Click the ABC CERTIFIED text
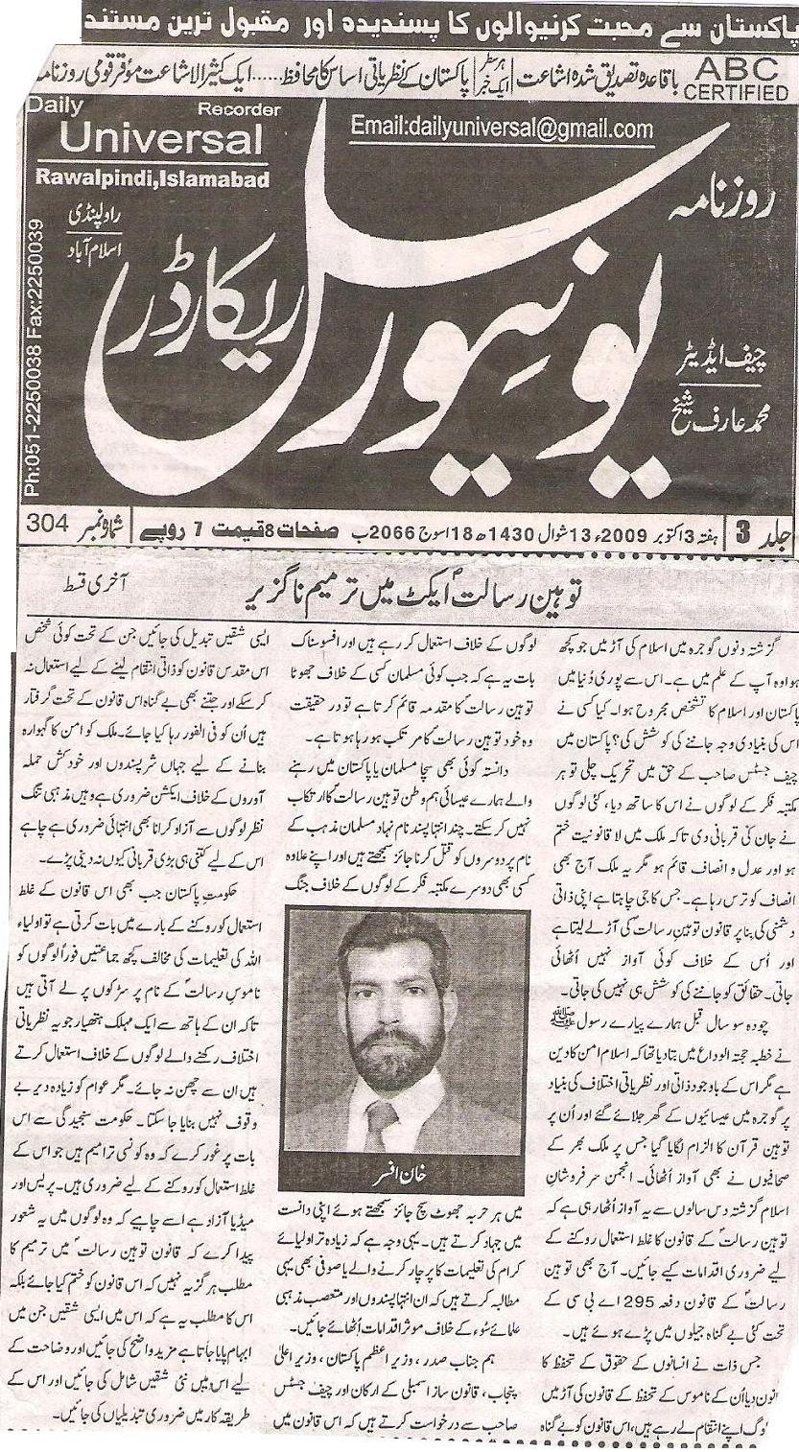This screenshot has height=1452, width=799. [735, 78]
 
